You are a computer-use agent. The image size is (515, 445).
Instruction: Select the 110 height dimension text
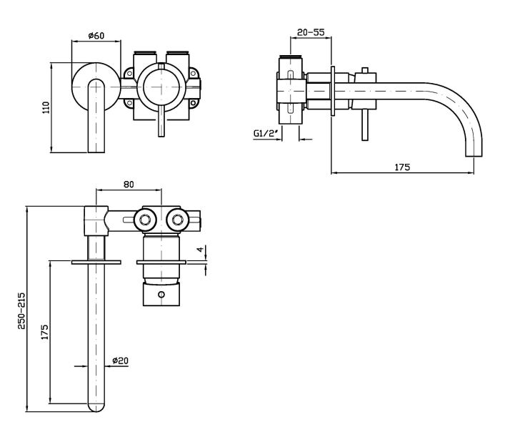click(x=46, y=107)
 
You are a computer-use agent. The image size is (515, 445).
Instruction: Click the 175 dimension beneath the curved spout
click(x=401, y=167)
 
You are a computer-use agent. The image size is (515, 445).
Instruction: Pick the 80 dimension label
click(x=129, y=184)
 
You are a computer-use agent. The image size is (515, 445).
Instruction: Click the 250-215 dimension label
click(x=21, y=312)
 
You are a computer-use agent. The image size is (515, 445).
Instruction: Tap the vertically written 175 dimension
click(x=44, y=333)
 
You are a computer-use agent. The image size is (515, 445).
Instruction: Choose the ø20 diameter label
click(x=121, y=361)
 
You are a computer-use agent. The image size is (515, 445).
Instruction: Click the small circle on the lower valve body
click(x=162, y=295)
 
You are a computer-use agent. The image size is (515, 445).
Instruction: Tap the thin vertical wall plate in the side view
click(x=332, y=92)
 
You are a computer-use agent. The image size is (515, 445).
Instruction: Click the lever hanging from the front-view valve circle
click(x=161, y=122)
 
